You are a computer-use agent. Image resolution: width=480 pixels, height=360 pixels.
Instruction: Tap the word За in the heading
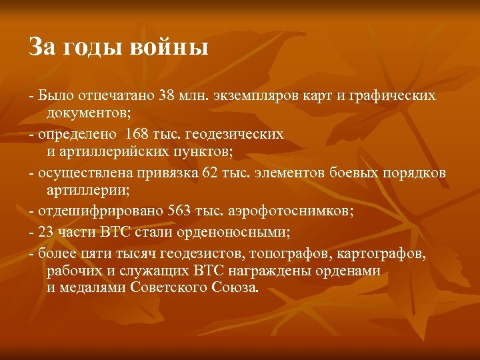click(41, 48)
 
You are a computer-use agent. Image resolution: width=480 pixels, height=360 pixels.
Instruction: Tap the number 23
click(47, 233)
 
